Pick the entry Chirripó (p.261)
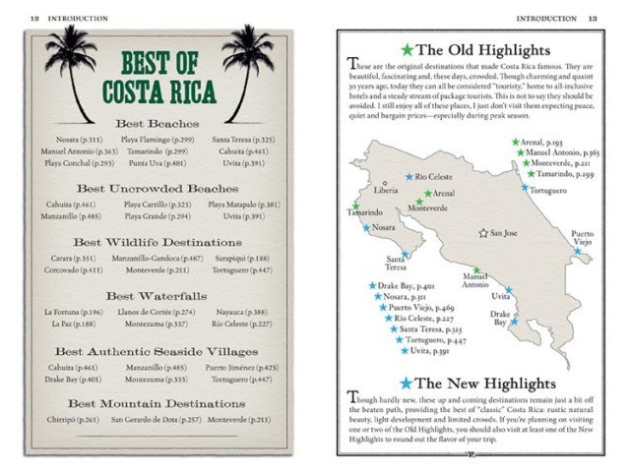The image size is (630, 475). (71, 420)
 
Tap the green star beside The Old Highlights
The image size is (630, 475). (406, 49)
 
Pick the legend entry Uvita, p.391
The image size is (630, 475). (428, 351)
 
